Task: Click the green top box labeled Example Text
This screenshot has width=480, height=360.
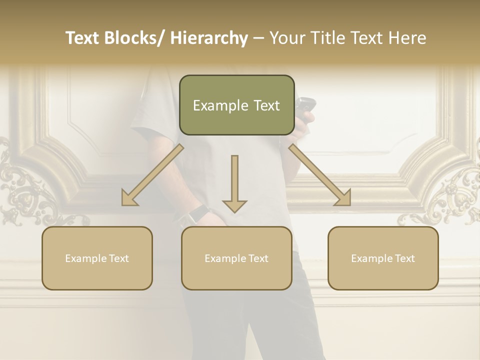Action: click(236, 105)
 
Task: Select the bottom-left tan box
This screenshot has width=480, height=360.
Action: click(97, 258)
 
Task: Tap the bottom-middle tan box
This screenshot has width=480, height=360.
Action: click(236, 258)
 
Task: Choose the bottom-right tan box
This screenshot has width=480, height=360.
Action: click(383, 258)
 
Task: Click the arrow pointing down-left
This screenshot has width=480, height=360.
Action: click(152, 175)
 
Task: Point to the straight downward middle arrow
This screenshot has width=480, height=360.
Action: click(234, 182)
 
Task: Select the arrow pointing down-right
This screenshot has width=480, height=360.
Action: click(320, 175)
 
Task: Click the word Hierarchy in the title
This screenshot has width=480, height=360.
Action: click(209, 38)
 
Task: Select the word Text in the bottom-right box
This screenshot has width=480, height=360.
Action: click(404, 258)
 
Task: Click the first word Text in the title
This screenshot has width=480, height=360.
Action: click(83, 38)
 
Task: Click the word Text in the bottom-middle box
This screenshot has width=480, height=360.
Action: click(258, 258)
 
